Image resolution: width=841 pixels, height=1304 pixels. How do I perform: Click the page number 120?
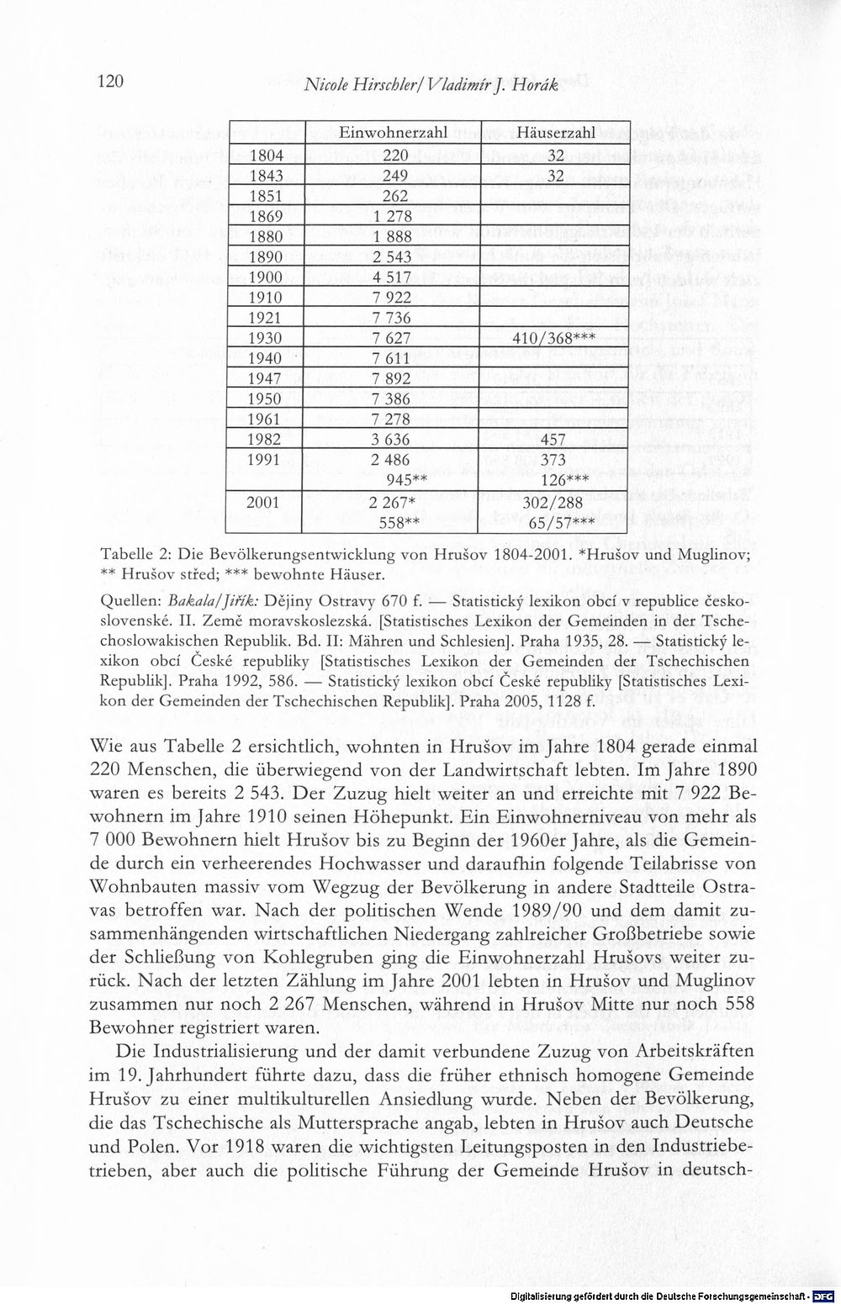point(111,82)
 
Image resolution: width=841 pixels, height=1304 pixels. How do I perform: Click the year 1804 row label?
point(267,155)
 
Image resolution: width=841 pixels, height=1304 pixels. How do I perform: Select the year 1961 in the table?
point(266,420)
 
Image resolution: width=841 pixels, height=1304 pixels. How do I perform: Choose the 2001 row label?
point(266,502)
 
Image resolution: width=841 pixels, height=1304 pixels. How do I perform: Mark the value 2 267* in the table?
point(392,502)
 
